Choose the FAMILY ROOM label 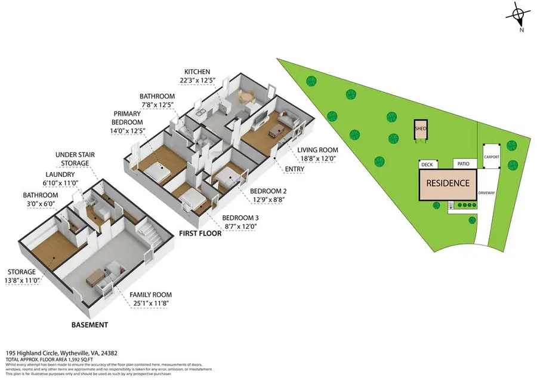152,295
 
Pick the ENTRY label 295,169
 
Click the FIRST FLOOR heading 200,234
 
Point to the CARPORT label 492,157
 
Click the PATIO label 462,163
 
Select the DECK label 427,164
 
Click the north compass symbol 519,15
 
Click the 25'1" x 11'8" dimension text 152,302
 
